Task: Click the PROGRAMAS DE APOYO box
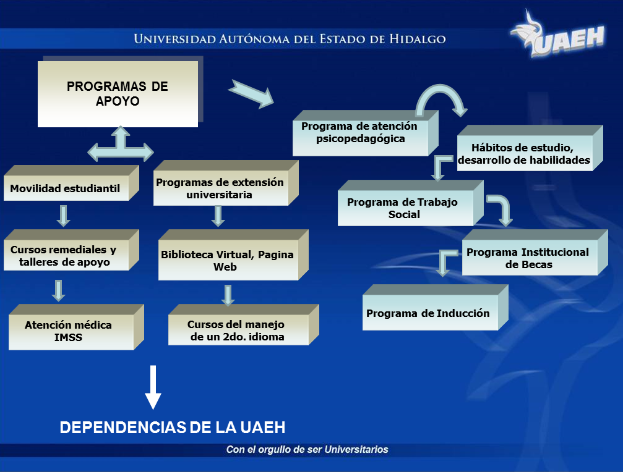point(118,94)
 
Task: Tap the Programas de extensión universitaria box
point(226,183)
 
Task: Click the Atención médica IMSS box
point(76,327)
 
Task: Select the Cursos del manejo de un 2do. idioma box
point(244,325)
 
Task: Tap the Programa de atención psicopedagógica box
point(366,133)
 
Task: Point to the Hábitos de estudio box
point(530,148)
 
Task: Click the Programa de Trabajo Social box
point(411,203)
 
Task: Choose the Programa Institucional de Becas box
point(535,253)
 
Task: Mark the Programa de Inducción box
point(436,308)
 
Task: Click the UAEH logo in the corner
point(557,35)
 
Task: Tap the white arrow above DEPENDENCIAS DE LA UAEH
point(153,387)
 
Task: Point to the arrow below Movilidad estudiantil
point(64,216)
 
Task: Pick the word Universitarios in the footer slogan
point(356,449)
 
